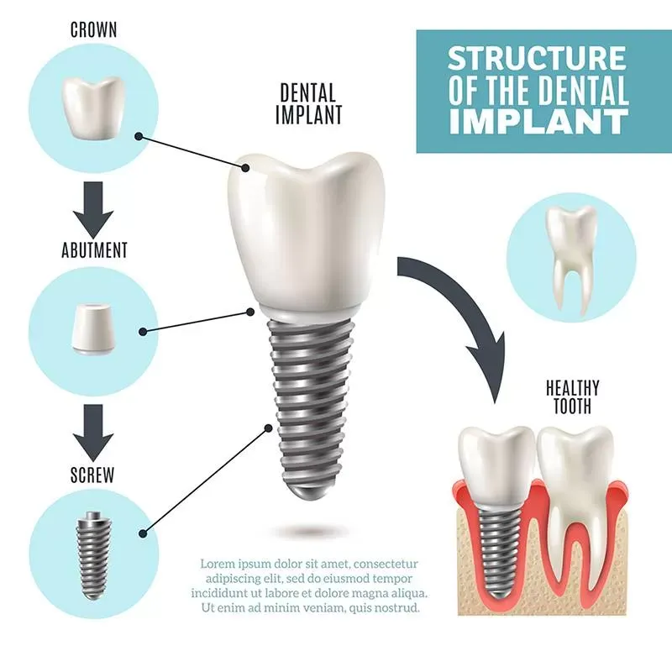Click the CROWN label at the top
(93, 30)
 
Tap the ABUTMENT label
(94, 250)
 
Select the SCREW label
(92, 475)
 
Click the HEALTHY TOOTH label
(572, 396)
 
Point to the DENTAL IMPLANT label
(308, 103)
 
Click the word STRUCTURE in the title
(537, 58)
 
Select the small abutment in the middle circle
(94, 328)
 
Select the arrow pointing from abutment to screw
(93, 433)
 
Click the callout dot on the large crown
(245, 167)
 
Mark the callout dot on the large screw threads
(269, 428)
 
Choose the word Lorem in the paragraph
(218, 563)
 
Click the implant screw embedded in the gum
(496, 552)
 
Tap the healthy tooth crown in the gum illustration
(575, 467)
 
